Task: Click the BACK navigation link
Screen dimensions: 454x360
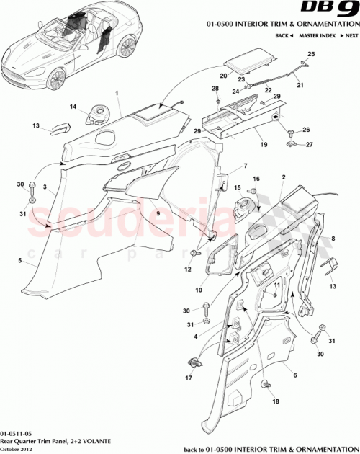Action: click(x=282, y=35)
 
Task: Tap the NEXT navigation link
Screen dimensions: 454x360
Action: click(x=350, y=35)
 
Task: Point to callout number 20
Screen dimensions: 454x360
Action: click(x=223, y=74)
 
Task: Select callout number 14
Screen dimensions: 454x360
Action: click(x=73, y=107)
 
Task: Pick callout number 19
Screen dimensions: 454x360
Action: click(x=244, y=145)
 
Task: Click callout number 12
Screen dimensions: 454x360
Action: click(x=188, y=270)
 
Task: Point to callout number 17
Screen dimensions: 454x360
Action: click(x=190, y=376)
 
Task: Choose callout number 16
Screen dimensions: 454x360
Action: click(x=255, y=179)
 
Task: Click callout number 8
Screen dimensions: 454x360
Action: click(x=333, y=238)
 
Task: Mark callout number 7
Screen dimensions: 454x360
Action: click(x=245, y=166)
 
